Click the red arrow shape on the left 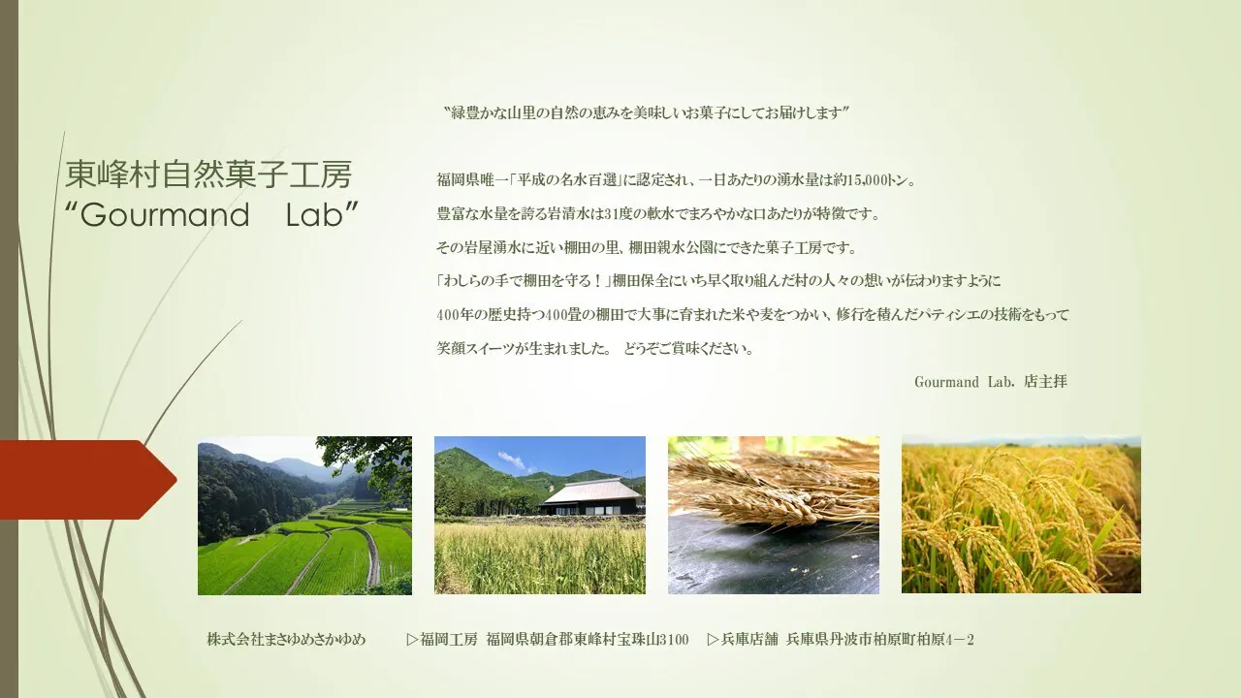pos(88,480)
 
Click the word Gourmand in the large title pos(165,215)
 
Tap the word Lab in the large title pos(315,215)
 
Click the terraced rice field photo pos(304,516)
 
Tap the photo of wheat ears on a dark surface pos(774,515)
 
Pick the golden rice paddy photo pos(1021,515)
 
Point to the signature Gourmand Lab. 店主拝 pos(991,382)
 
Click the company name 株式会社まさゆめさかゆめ pos(286,639)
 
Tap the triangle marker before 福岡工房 pos(412,640)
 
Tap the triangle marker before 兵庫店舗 pos(713,640)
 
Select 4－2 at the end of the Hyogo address pos(960,640)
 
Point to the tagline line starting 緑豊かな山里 pos(646,113)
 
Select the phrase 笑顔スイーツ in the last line pos(476,349)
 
